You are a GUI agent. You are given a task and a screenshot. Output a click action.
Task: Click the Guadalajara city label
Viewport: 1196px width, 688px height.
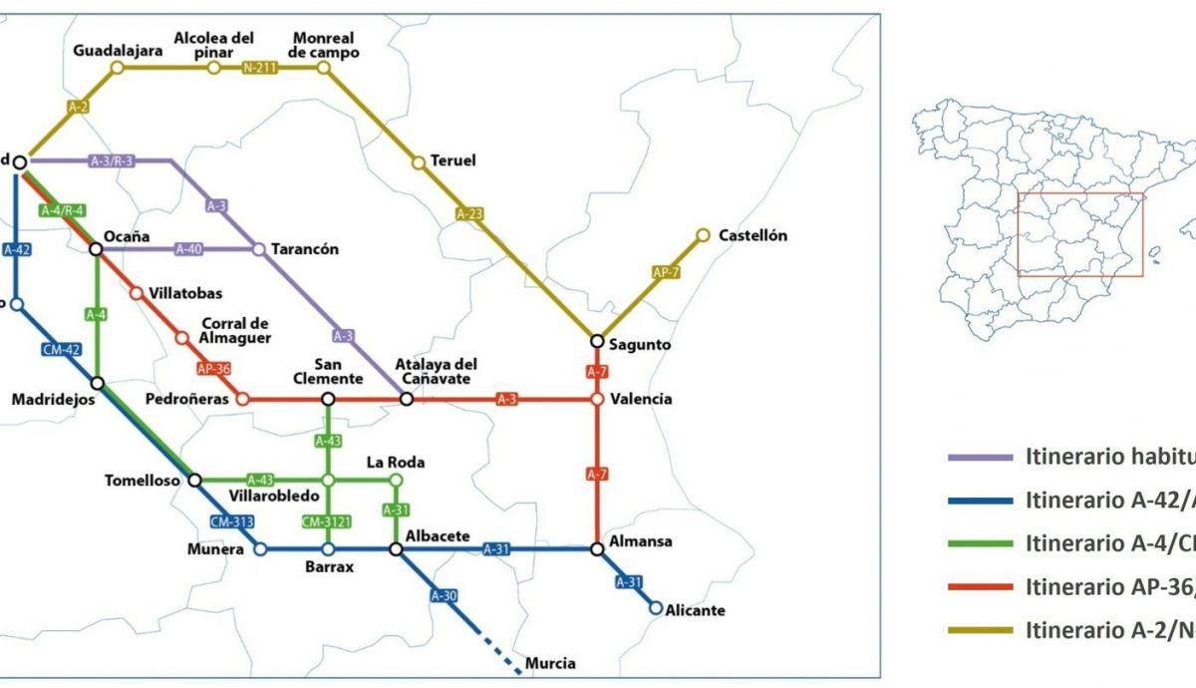click(x=118, y=50)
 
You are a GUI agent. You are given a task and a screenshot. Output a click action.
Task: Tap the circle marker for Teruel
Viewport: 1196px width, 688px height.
click(x=420, y=163)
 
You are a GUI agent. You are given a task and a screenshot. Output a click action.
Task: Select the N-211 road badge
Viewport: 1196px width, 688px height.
click(x=260, y=68)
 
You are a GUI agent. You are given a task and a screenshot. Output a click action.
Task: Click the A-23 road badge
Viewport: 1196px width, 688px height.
click(x=469, y=213)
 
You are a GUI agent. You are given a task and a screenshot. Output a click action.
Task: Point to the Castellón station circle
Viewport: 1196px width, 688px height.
click(x=703, y=235)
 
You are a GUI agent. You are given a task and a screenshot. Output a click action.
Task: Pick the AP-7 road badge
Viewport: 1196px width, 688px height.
click(x=665, y=272)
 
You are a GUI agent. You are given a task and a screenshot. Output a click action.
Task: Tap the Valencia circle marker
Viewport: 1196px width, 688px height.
click(x=597, y=399)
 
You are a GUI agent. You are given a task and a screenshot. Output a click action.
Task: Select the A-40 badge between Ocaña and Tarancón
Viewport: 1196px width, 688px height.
click(x=189, y=249)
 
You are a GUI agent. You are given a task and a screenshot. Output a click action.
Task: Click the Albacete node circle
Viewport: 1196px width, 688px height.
click(x=396, y=548)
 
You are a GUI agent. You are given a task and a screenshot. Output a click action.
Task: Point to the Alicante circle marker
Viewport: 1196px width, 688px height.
click(x=656, y=607)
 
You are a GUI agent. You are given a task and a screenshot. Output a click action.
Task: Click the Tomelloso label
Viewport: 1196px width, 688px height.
click(x=143, y=481)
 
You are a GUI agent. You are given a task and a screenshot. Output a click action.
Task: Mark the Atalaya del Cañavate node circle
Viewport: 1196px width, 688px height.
click(x=407, y=399)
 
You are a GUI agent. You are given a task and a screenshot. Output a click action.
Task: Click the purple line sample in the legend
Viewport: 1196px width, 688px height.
click(x=980, y=457)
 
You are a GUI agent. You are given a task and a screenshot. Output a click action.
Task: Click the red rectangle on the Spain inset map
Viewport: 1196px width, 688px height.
click(x=1079, y=234)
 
